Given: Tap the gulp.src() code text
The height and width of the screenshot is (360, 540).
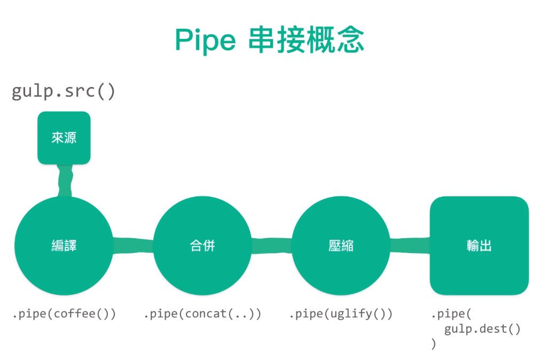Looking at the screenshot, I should (63, 91).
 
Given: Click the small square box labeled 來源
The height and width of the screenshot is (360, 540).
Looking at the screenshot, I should (64, 137).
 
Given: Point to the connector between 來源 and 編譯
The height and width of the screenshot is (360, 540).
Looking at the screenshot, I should (65, 180).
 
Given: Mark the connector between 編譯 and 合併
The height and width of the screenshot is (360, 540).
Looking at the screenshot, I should (133, 246).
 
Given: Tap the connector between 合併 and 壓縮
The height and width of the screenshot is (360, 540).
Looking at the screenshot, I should (271, 246).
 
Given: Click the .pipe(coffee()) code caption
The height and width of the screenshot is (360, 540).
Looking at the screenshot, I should (64, 314).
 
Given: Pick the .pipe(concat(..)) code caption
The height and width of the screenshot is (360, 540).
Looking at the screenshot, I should (202, 314).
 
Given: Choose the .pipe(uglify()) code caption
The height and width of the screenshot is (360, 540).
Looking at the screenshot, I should (341, 314).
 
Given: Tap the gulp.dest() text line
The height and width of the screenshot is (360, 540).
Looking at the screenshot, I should (482, 329).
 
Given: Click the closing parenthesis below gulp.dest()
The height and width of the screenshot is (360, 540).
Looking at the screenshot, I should (433, 344).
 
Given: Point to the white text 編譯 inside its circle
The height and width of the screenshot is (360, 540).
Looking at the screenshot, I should (64, 246).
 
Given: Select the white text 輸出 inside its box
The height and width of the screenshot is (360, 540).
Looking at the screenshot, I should (479, 246).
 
